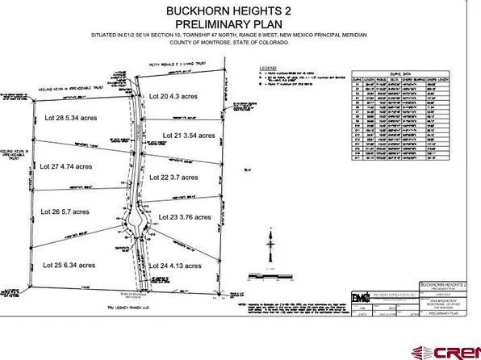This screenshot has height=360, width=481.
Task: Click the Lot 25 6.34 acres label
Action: (x=69, y=264)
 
